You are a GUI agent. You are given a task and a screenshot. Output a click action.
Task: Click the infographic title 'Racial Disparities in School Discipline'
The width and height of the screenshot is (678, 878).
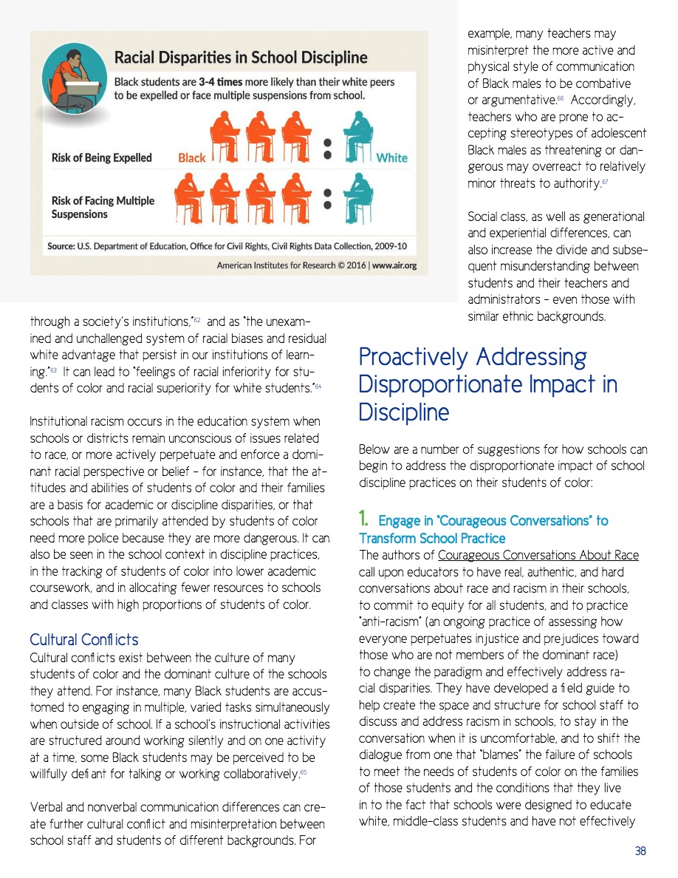pos(240,57)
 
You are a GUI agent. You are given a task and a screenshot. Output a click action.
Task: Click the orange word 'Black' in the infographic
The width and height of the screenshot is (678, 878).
pos(192,157)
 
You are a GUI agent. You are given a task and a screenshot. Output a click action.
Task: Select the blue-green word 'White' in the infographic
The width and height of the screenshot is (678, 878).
pos(391,157)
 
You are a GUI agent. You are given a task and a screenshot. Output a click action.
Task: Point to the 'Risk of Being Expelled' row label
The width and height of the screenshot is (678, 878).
pos(101,157)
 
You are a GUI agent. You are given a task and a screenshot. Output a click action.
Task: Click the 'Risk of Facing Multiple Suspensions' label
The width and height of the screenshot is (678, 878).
pos(103,207)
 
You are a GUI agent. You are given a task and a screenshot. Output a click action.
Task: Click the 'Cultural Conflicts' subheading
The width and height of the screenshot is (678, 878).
pos(83,639)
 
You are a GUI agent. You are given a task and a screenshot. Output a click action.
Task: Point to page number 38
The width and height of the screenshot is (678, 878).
pos(640,851)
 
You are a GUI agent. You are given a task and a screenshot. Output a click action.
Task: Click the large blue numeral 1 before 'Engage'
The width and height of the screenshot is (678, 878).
pos(364,520)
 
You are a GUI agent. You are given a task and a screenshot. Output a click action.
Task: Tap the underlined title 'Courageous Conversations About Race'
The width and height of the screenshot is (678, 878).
pos(538,555)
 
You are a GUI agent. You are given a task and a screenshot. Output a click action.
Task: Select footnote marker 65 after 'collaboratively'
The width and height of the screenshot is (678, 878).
pos(303,772)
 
